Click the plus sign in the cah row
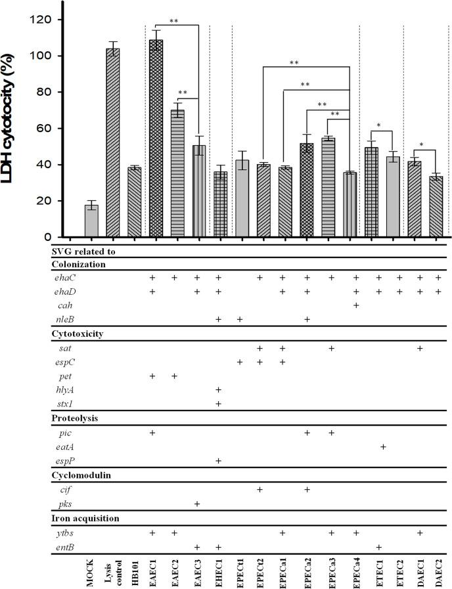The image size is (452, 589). click(355, 305)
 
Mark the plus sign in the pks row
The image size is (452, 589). click(198, 504)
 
